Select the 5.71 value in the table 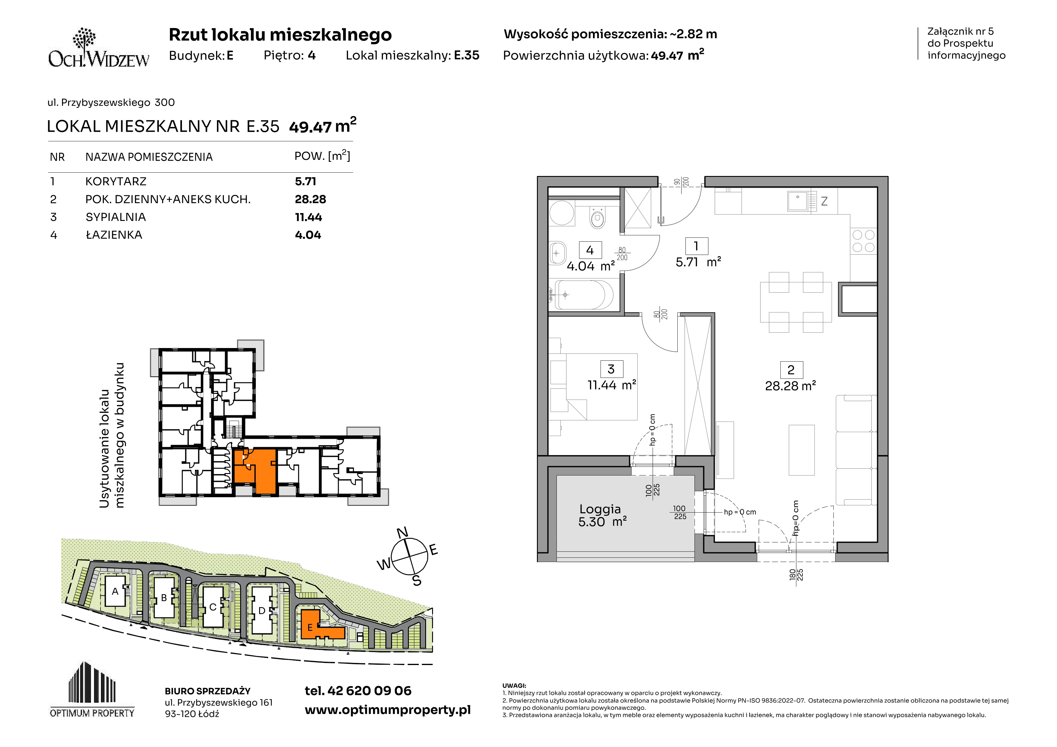(x=306, y=181)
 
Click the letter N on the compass (x=402, y=532)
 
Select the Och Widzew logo (x=99, y=48)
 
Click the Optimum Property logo (x=92, y=689)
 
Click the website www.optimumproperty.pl (x=387, y=710)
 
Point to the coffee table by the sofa (x=801, y=450)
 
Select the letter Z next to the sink (x=824, y=201)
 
